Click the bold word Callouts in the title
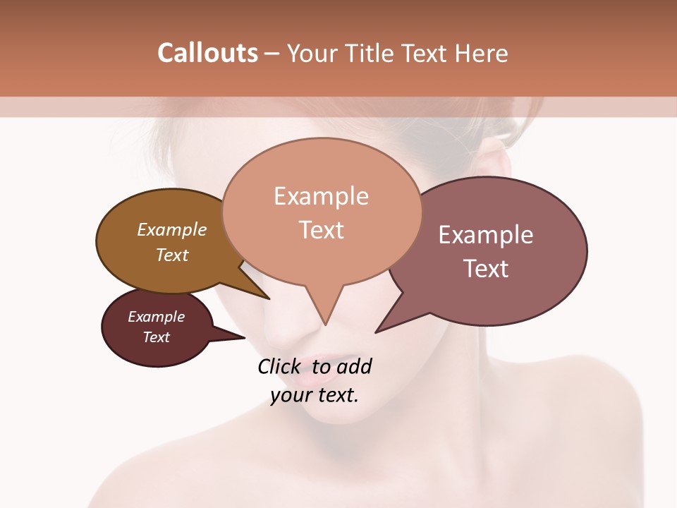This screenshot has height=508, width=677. [x=207, y=53]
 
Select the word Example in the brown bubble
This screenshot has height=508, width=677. [x=172, y=229]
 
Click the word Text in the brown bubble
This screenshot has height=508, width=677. [x=172, y=255]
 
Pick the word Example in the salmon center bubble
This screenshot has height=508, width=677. [x=321, y=196]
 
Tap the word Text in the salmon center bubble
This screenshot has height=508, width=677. [x=321, y=230]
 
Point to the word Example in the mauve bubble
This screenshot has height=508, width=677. [x=486, y=235]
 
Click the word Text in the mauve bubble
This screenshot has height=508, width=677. [x=486, y=269]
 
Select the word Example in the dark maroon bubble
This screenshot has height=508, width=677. [x=157, y=317]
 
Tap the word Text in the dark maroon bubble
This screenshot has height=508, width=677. [x=157, y=337]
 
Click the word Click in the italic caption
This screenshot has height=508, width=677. [x=281, y=367]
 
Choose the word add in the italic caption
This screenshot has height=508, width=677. [x=353, y=367]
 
